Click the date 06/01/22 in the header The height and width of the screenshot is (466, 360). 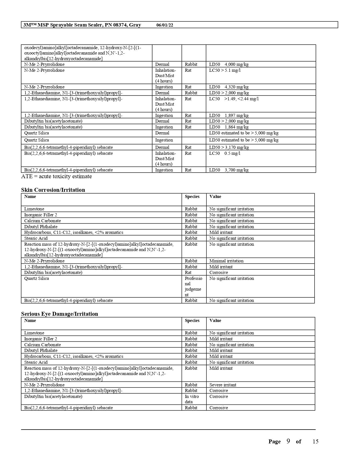165,25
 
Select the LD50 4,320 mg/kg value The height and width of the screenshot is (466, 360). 229,87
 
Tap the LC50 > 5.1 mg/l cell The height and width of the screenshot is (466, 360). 225,70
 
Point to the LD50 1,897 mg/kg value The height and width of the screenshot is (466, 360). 229,116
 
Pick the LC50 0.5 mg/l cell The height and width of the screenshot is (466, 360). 224,153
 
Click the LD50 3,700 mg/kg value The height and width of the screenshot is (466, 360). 229,170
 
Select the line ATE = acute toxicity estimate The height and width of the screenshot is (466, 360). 56,177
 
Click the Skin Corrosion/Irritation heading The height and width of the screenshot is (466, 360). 53,190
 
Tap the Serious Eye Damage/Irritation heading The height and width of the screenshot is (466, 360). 60,314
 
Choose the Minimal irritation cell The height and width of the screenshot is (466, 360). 226,261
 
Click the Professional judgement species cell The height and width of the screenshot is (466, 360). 193,286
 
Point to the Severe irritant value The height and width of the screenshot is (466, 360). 223,385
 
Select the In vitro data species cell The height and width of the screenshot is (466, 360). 192,399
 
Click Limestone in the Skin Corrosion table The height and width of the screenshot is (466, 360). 34,209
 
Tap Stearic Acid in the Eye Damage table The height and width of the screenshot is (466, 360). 36,362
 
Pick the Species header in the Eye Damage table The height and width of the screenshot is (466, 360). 192,321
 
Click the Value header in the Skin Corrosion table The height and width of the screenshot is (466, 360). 215,197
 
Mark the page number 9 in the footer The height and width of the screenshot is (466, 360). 288,441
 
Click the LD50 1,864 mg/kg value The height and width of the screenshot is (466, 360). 229,127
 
